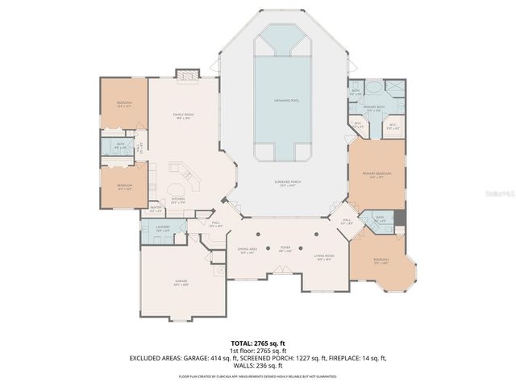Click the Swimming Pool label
[x=281, y=99]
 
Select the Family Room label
[x=185, y=117]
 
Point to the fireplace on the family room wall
[x=187, y=75]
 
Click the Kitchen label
[x=178, y=201]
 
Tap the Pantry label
[x=156, y=210]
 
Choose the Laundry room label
[x=161, y=230]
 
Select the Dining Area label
[x=248, y=251]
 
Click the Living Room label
[x=325, y=258]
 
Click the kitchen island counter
[x=180, y=173]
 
